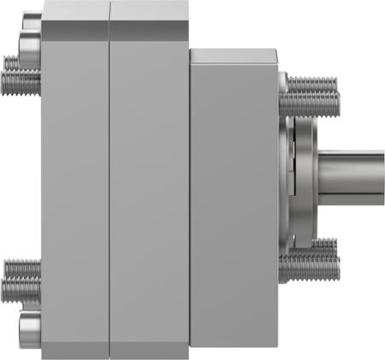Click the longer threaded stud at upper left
pyautogui.click(x=21, y=82)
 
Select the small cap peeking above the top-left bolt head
pyautogui.click(x=30, y=16)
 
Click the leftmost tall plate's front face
pyautogui.click(x=75, y=188)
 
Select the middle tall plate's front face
pyautogui.click(x=150, y=188)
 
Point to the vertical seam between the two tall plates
pyautogui.click(x=110, y=188)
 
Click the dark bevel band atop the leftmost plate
pyautogui.click(x=75, y=29)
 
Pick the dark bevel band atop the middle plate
pyautogui.click(x=150, y=29)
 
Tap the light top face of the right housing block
pyautogui.click(x=233, y=55)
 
